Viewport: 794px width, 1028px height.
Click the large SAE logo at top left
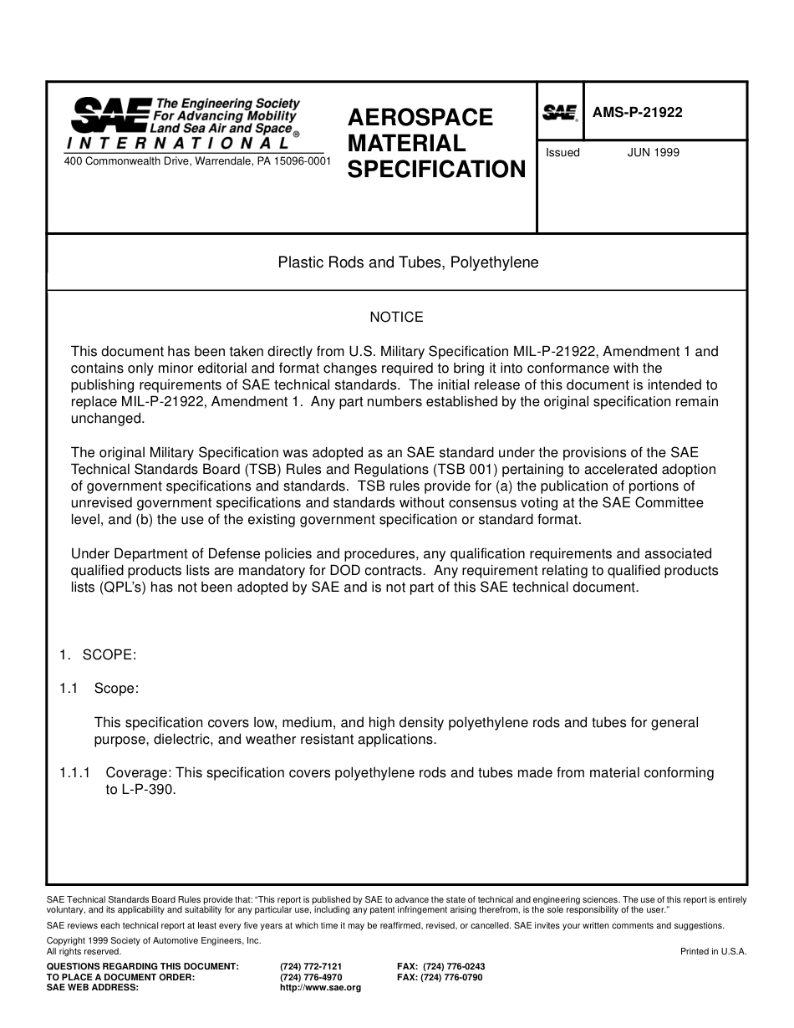[x=109, y=115]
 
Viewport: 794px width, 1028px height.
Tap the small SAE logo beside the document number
[x=560, y=113]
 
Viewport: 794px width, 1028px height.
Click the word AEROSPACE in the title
[x=420, y=117]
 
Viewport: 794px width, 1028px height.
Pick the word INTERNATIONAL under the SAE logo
[x=178, y=142]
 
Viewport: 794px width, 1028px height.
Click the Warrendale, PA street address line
[x=197, y=160]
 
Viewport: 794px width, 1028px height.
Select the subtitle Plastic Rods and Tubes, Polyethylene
[x=408, y=262]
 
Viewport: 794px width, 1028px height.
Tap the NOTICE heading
[x=396, y=317]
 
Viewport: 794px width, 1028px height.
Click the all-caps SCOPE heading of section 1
[x=109, y=654]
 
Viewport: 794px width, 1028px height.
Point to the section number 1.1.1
[x=76, y=772]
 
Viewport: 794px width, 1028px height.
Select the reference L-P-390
[x=149, y=789]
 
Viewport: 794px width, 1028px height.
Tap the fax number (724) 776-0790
[x=452, y=977]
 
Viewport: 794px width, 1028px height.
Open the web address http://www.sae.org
[x=320, y=988]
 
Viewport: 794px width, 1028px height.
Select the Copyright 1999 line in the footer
[x=154, y=940]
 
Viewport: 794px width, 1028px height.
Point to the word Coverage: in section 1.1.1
[x=138, y=772]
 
